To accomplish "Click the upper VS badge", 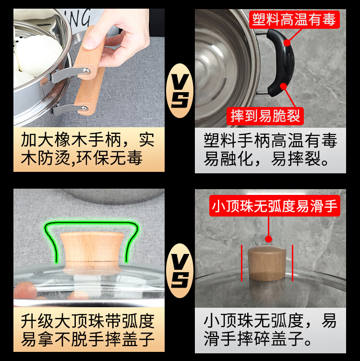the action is click(180, 91).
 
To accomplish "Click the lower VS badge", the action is click(180, 271).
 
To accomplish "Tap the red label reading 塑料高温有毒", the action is click(294, 20).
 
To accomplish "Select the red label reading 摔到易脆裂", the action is click(265, 116).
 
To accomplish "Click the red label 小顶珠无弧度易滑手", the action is click(275, 206).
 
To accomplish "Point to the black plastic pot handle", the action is click(280, 62).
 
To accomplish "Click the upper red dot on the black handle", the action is click(287, 43).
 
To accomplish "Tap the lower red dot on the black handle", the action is click(283, 86).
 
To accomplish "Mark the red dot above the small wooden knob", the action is click(268, 239).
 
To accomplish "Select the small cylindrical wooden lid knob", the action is click(267, 263).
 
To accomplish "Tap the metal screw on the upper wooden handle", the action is click(86, 71).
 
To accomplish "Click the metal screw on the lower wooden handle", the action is click(84, 108).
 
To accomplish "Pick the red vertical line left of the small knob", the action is click(242, 263).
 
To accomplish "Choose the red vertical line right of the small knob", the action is click(292, 263).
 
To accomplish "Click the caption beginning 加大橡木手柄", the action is click(87, 149).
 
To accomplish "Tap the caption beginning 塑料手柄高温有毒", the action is click(270, 150).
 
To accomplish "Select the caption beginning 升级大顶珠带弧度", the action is click(87, 330).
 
